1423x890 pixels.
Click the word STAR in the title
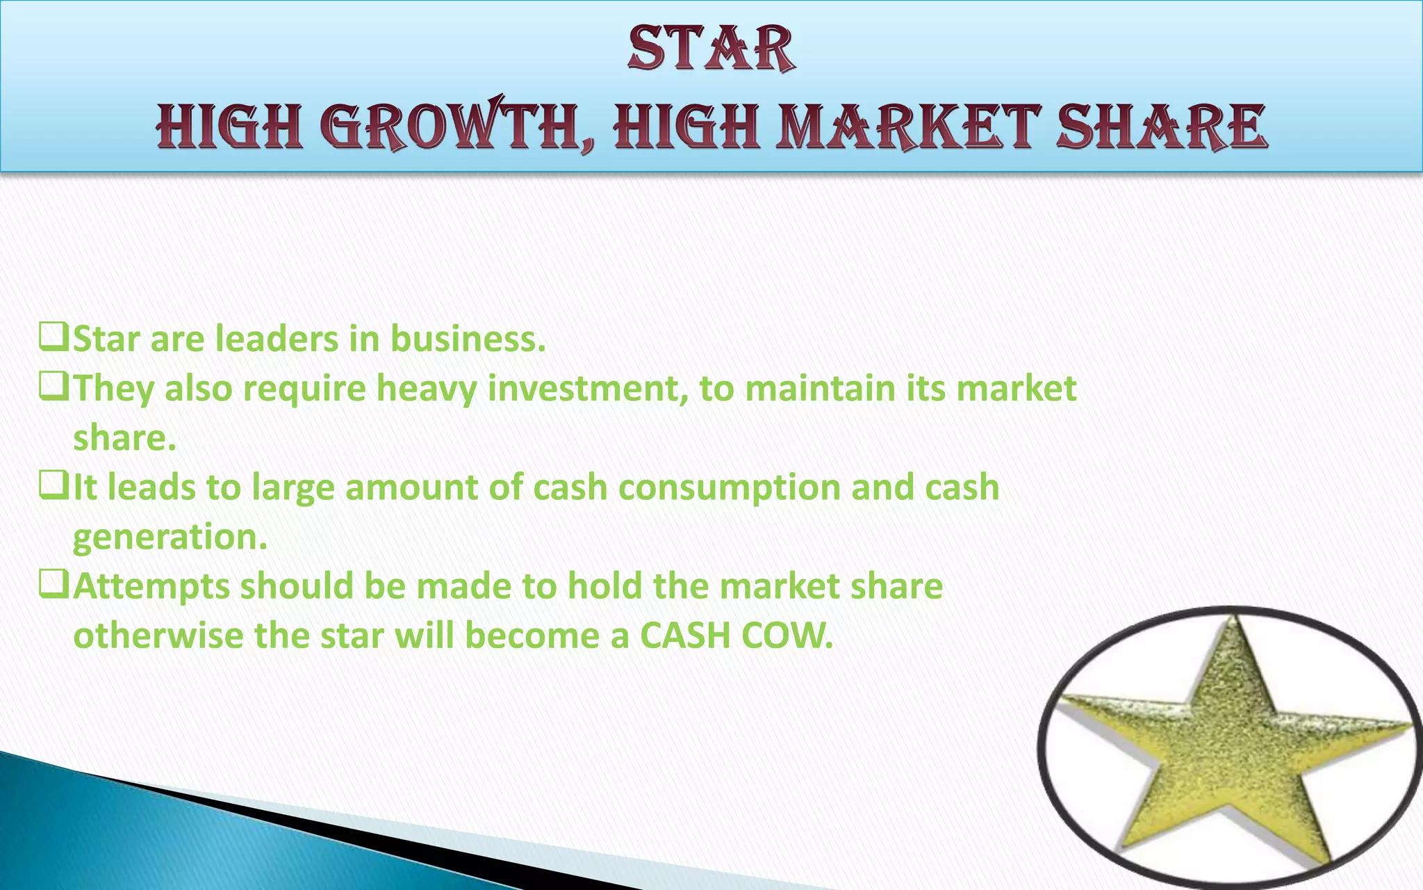pos(711,48)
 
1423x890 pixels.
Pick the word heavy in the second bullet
pos(427,389)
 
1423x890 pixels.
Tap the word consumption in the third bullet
pos(730,488)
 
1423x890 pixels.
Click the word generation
pos(170,537)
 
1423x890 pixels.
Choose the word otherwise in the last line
pos(158,636)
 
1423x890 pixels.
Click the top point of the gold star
pos(1233,619)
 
